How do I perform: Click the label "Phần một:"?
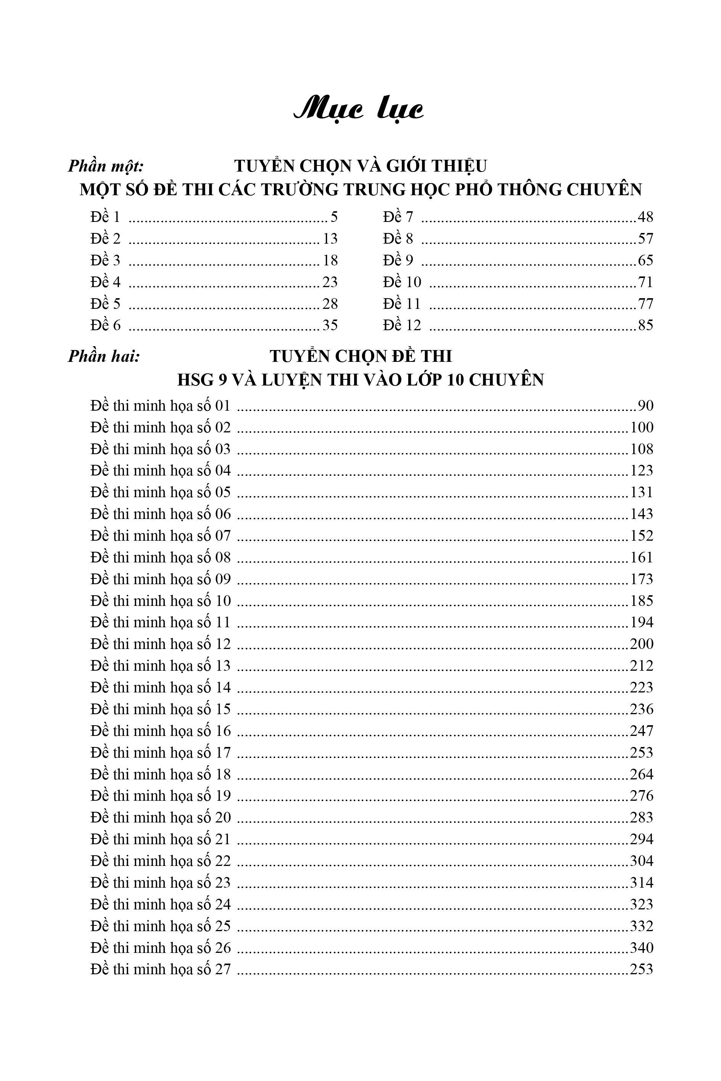tap(106, 166)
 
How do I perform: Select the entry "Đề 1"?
tap(105, 217)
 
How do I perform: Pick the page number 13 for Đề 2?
tap(330, 239)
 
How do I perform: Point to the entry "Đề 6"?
tap(105, 325)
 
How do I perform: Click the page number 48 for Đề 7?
tap(645, 217)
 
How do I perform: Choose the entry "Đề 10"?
tap(402, 282)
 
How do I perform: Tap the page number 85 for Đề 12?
tap(645, 325)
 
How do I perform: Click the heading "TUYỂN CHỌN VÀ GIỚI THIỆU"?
tap(360, 166)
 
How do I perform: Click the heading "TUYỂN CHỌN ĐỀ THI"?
tap(360, 356)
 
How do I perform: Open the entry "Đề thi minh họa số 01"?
tap(161, 406)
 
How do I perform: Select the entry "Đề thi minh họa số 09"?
tap(161, 579)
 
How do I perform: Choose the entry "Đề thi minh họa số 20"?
tap(161, 818)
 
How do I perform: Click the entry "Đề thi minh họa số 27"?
tap(161, 969)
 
